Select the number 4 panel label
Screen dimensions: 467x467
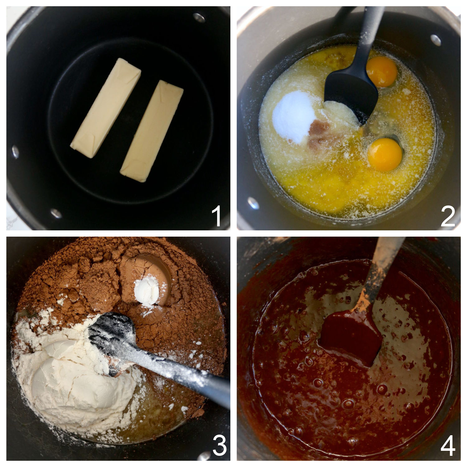pos(448,446)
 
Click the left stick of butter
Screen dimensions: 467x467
pos(106,108)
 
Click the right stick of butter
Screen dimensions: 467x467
pos(152,131)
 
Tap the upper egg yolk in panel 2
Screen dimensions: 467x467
pos(382,72)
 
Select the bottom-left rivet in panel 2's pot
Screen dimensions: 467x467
pos(253,203)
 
